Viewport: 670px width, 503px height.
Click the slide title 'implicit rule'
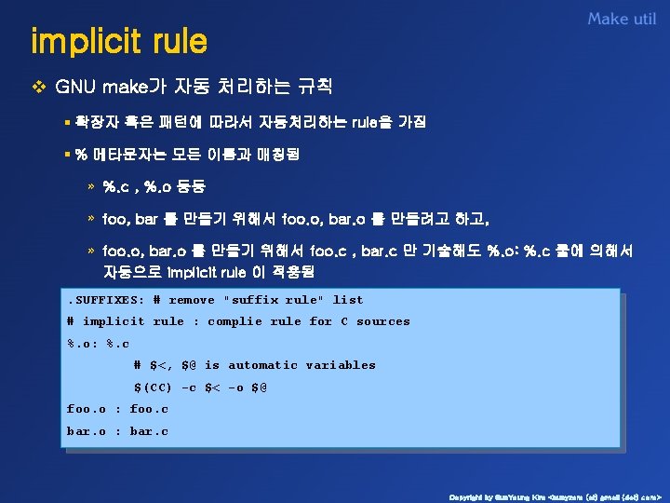pyautogui.click(x=119, y=43)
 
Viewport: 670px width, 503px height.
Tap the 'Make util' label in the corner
pyautogui.click(x=622, y=20)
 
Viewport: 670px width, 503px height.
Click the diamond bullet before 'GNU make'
pyautogui.click(x=38, y=88)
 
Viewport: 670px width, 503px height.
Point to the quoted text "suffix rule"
pyautogui.click(x=274, y=300)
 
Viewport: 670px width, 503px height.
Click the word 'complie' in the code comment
pyautogui.click(x=234, y=321)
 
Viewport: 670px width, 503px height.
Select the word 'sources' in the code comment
pyautogui.click(x=382, y=321)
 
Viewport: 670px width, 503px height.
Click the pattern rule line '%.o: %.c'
pyautogui.click(x=98, y=344)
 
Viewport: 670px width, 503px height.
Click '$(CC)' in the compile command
pyautogui.click(x=153, y=387)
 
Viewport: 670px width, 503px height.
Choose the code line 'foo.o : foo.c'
pyautogui.click(x=117, y=409)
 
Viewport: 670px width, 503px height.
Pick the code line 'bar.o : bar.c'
pyautogui.click(x=117, y=431)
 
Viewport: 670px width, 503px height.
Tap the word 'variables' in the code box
pyautogui.click(x=341, y=365)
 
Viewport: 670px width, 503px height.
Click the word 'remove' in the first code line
pyautogui.click(x=191, y=300)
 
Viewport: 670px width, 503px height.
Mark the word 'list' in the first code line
pyautogui.click(x=348, y=300)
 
